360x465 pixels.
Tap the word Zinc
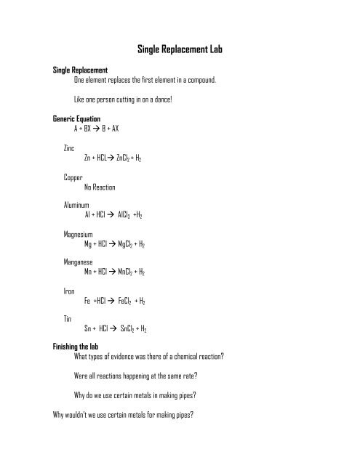71,147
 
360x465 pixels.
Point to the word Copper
73,177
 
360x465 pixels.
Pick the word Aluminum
77,206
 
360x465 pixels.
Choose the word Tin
68,319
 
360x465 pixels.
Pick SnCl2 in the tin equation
131,328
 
